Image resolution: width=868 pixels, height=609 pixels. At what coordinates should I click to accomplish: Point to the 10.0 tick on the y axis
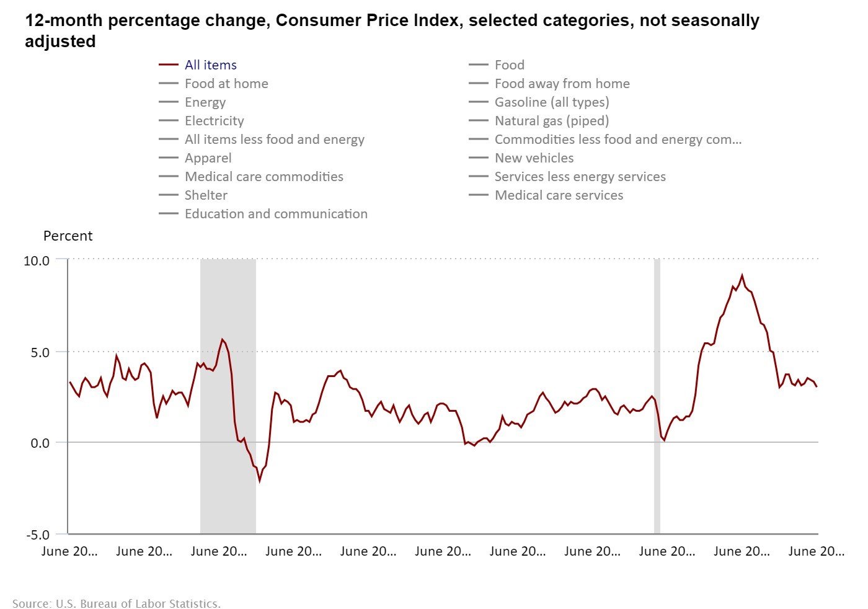(x=37, y=260)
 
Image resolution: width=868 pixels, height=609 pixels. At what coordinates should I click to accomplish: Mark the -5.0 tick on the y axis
(x=38, y=535)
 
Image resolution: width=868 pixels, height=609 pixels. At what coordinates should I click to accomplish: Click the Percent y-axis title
(x=68, y=236)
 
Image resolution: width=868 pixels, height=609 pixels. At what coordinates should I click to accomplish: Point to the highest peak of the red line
(x=742, y=276)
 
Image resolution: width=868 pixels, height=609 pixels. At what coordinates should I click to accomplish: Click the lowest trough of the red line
(x=260, y=480)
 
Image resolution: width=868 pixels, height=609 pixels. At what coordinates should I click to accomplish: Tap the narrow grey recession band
(x=657, y=397)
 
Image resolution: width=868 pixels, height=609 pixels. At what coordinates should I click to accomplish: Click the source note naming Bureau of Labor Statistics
(x=117, y=603)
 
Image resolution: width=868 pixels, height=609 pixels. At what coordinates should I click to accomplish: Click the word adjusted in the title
(x=60, y=42)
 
